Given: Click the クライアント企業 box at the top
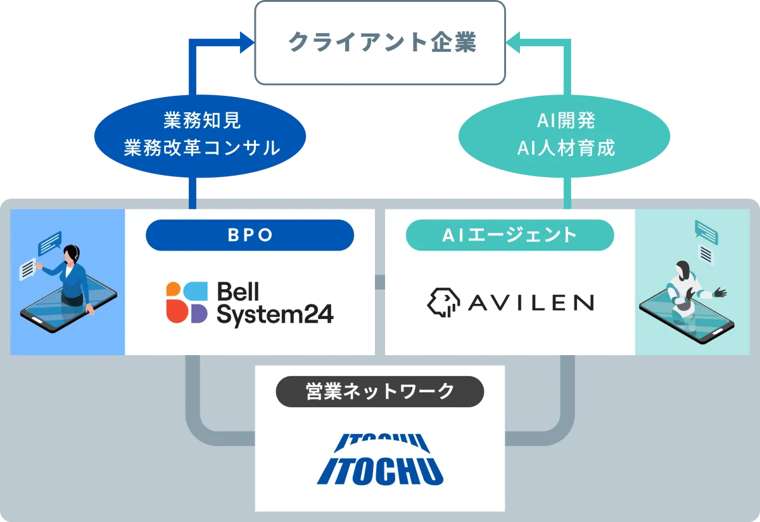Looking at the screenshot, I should pos(380,42).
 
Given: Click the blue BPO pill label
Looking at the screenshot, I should pos(250,235).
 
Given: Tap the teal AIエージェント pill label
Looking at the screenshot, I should pos(510,235).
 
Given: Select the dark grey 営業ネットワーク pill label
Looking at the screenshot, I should pos(380,392).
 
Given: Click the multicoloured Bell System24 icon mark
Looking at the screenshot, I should pos(187,303).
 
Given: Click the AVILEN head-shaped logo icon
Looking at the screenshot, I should pos(444,303).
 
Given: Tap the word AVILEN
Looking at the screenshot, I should pos(531,303).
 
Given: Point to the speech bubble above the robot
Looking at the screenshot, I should pos(706,232).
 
